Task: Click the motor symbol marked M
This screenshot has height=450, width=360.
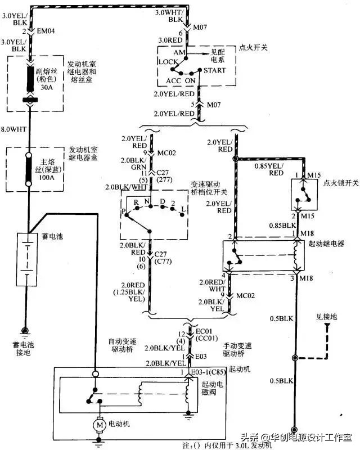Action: click(100, 425)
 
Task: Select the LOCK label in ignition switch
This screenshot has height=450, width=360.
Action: click(168, 61)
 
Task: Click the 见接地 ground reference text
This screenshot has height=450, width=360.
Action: click(326, 317)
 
